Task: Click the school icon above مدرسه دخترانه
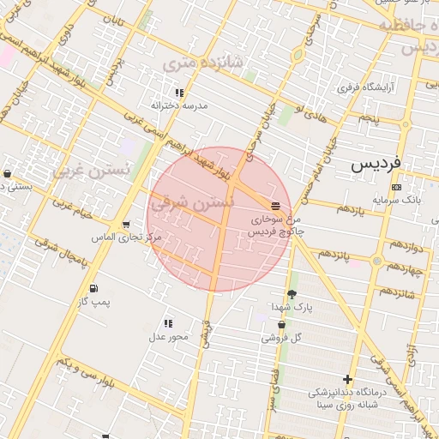[179, 93]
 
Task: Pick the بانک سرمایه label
[396, 200]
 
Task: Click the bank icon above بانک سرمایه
[396, 187]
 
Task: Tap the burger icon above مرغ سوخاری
[275, 207]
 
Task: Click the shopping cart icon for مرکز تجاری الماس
[126, 226]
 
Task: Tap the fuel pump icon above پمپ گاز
[93, 289]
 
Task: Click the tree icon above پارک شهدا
[292, 294]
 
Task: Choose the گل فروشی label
[283, 337]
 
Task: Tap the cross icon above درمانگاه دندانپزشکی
[347, 379]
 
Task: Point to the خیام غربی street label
[73, 208]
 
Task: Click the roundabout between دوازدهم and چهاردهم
[378, 260]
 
